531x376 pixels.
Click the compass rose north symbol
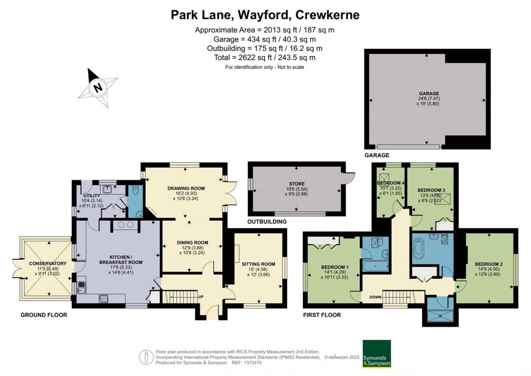(x=97, y=88)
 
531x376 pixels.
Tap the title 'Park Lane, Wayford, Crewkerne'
(x=265, y=15)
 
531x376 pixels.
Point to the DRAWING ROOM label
(x=186, y=188)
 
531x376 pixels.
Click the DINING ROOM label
(x=192, y=242)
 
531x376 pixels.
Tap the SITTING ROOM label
(x=257, y=264)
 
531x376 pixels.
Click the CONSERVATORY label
(x=44, y=263)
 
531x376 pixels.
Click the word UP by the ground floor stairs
(x=200, y=297)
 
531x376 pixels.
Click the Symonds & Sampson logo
(x=376, y=354)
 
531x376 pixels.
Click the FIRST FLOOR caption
(x=322, y=315)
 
